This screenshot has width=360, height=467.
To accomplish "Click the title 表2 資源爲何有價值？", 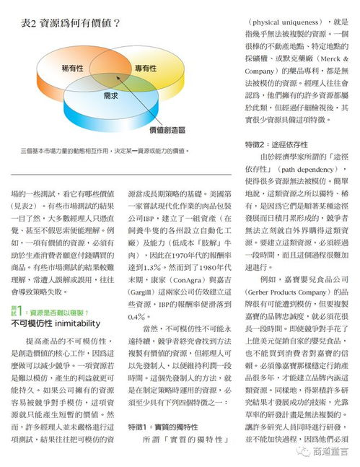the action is pos(71,24).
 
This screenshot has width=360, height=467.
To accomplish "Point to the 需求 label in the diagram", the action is pos(111,95).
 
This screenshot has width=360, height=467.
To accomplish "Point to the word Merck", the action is pos(323,59).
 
